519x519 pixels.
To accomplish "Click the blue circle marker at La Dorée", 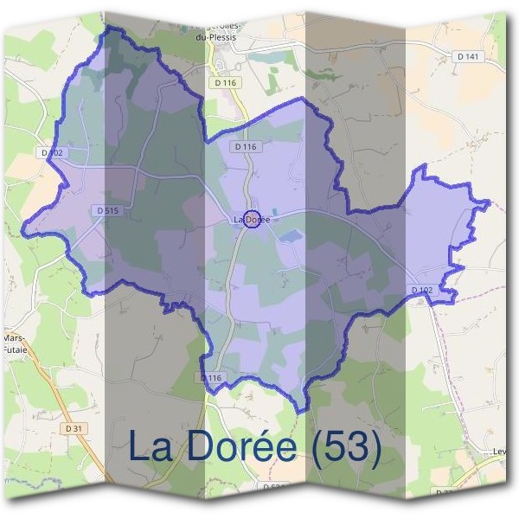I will coord(252,219).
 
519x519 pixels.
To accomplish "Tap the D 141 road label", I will coord(468,56).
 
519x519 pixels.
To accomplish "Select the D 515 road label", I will coord(107,210).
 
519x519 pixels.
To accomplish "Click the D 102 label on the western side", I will coord(53,152).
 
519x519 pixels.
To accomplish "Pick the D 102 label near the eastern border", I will coord(421,290).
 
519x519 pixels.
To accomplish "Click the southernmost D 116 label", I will coord(212,378).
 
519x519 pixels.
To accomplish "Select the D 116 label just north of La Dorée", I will coord(245,147).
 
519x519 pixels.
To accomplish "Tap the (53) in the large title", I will coord(346,447).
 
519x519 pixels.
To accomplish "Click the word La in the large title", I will coord(151,447).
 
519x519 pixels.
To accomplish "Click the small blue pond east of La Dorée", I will coord(290,235).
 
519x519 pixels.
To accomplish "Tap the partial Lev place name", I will coord(499,451).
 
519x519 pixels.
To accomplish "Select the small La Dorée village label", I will coord(252,220).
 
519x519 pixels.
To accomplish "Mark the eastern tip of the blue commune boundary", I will coord(490,204).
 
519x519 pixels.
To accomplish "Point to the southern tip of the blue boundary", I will coord(297,412).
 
